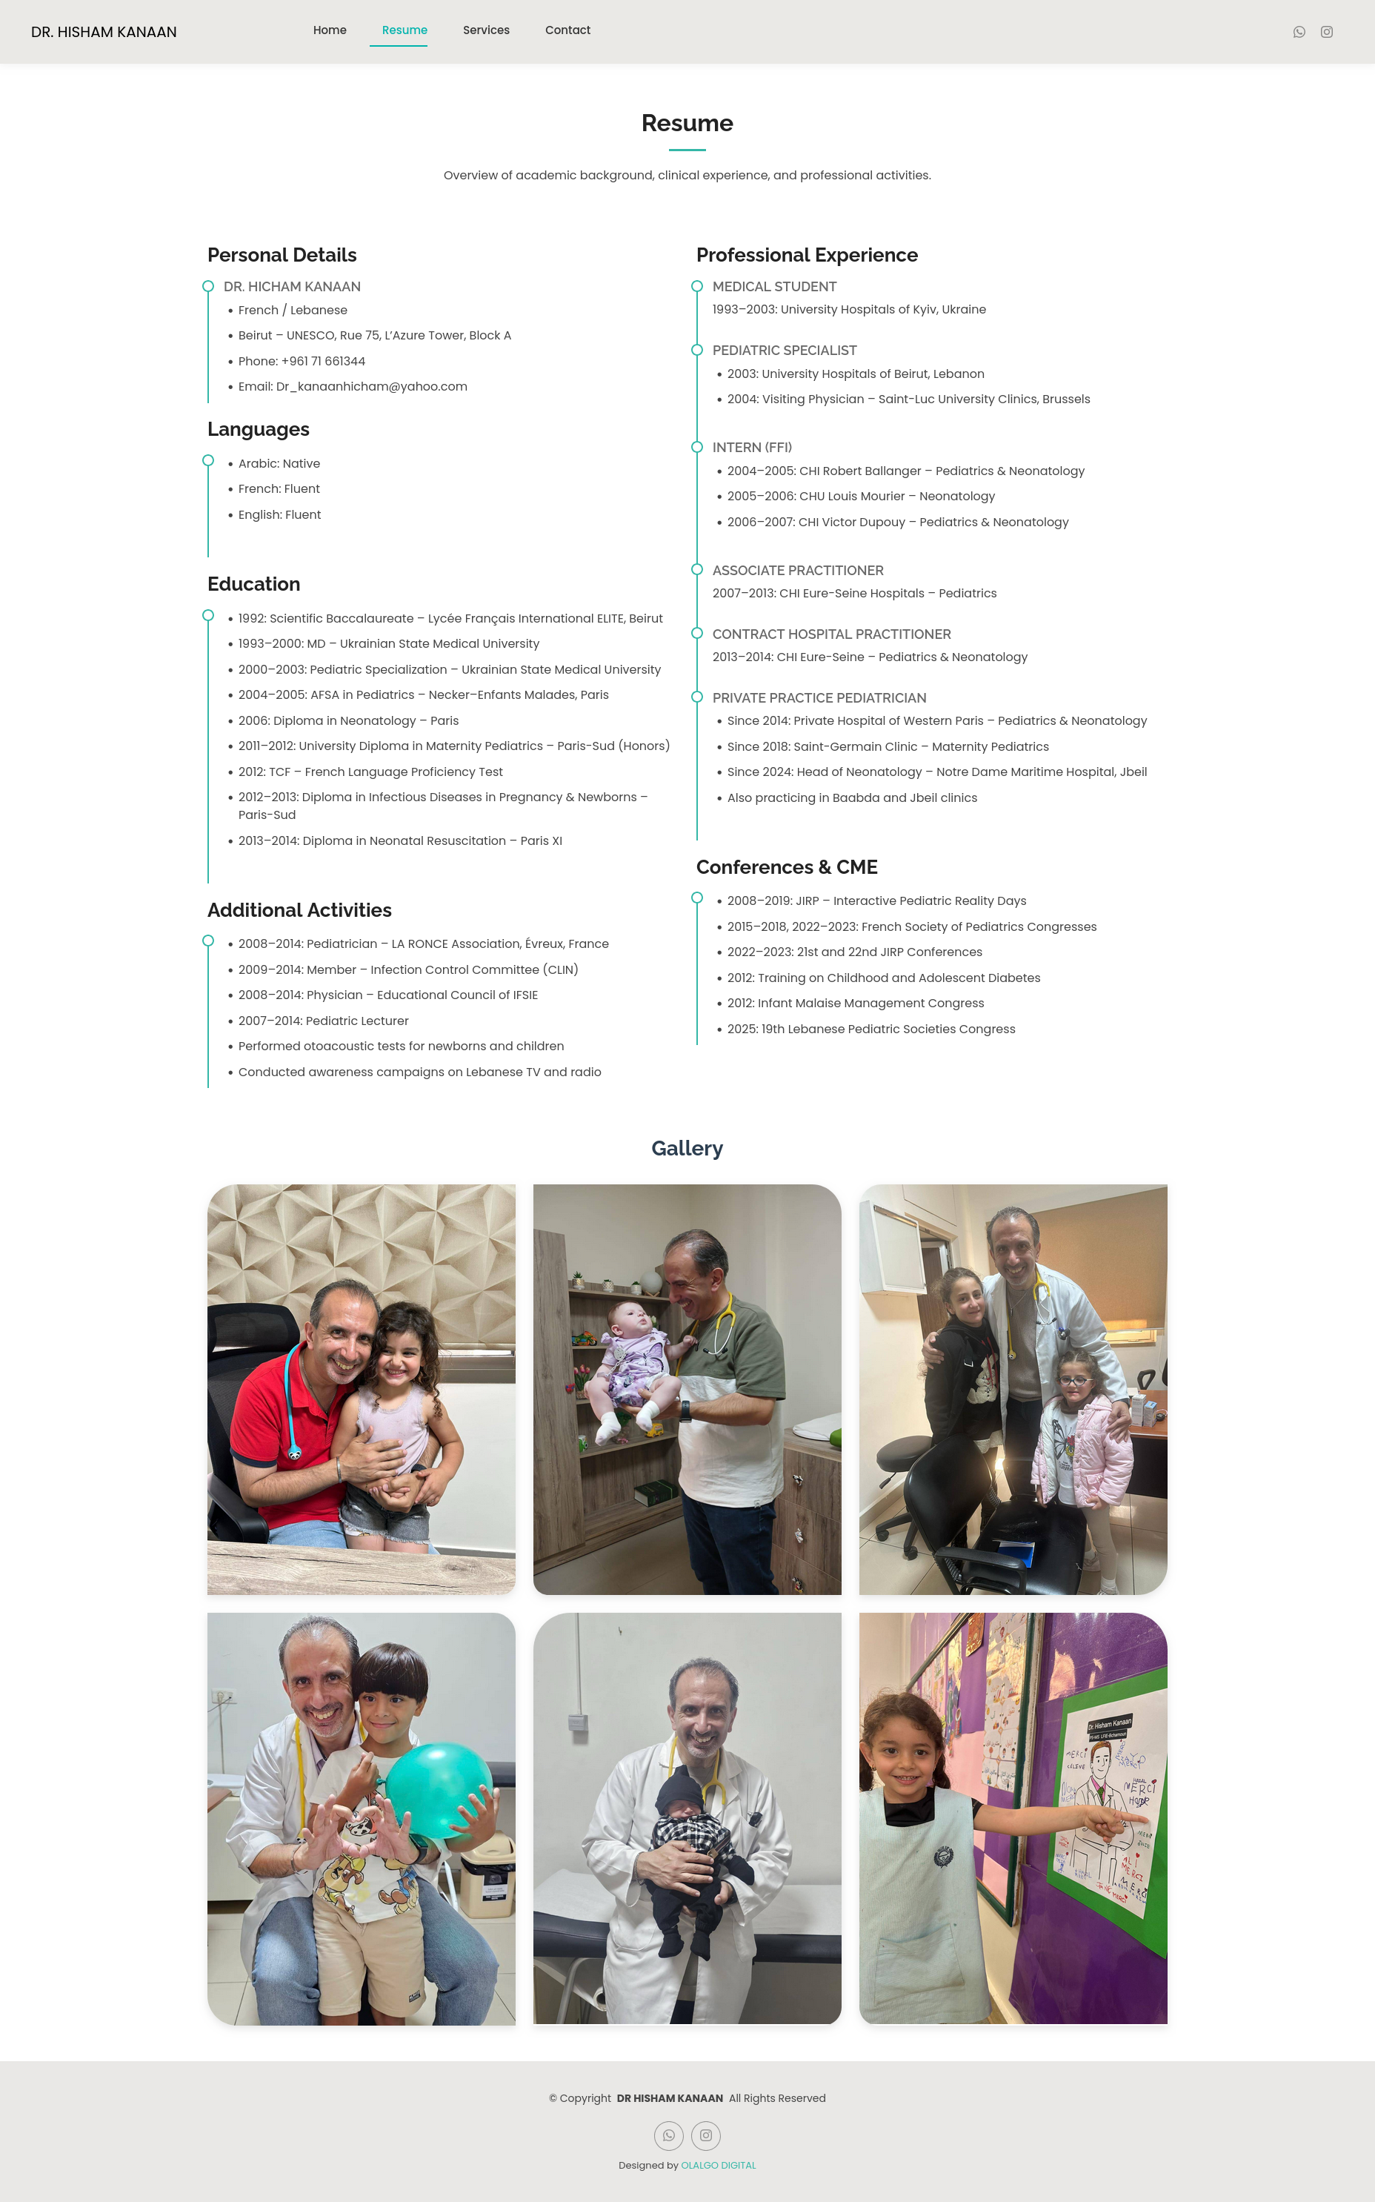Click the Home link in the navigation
(329, 30)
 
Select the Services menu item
(485, 30)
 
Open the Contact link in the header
(567, 30)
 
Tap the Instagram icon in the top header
(1327, 32)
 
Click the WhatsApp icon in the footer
(668, 2135)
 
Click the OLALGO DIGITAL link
(719, 2165)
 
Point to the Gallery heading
(687, 1148)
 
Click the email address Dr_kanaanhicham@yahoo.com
(371, 387)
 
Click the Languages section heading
(259, 429)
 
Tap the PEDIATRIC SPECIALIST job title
(784, 350)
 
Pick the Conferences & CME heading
(787, 867)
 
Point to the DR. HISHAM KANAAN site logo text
(104, 32)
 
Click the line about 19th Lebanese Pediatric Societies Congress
(870, 1029)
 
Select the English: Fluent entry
(279, 515)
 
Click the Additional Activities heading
(299, 909)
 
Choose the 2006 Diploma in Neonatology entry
(347, 720)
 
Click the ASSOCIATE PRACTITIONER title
(798, 570)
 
